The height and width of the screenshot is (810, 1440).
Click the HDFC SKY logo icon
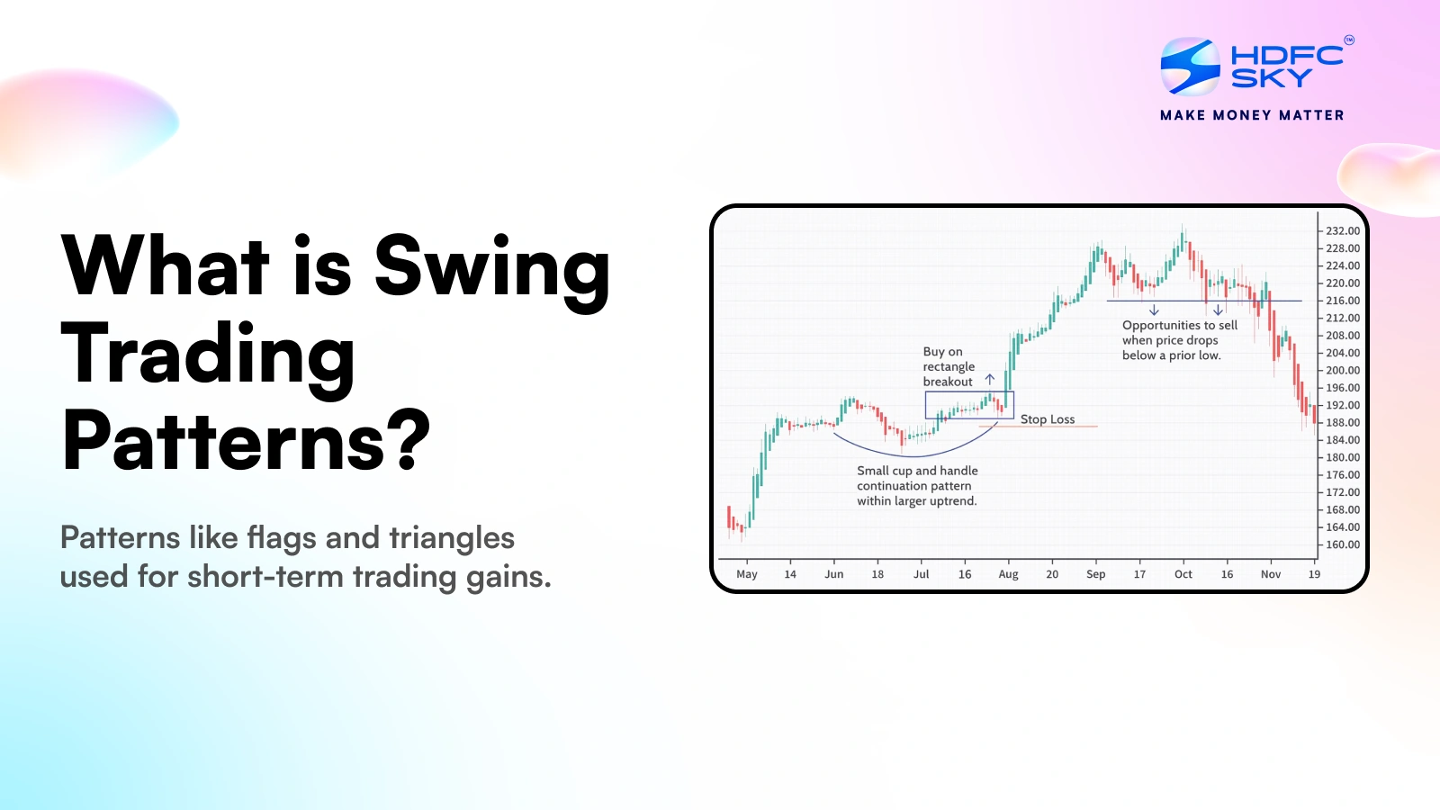(x=1190, y=66)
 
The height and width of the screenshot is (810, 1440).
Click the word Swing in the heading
(x=492, y=267)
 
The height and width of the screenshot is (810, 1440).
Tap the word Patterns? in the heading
(x=246, y=440)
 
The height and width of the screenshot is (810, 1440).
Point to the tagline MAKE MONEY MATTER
(x=1252, y=115)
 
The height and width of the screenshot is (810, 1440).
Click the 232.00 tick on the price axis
(x=1343, y=231)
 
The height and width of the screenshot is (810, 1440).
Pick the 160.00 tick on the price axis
(x=1343, y=544)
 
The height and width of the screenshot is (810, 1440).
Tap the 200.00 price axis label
(x=1343, y=370)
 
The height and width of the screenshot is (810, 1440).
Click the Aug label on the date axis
(x=1008, y=574)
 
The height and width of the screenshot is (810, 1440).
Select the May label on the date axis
(x=746, y=574)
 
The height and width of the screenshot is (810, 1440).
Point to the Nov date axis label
(x=1270, y=574)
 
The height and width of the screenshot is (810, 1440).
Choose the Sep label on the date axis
(x=1095, y=574)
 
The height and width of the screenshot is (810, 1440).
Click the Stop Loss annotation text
(x=1048, y=419)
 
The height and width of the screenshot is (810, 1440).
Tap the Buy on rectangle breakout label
(x=949, y=366)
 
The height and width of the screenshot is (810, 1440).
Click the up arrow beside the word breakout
(x=989, y=380)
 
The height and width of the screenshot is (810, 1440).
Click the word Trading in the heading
(x=208, y=355)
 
